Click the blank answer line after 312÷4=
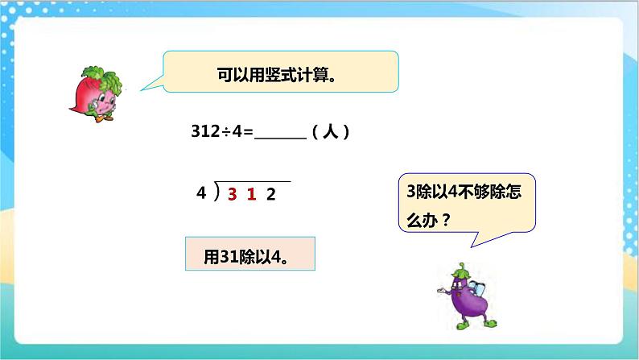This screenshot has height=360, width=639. [x=280, y=134]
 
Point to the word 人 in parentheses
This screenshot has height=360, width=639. [x=329, y=134]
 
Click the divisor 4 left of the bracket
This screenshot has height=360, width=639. [x=201, y=193]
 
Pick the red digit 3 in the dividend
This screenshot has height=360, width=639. [x=232, y=193]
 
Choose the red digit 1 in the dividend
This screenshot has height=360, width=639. [x=251, y=193]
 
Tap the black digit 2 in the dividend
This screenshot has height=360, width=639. [x=271, y=193]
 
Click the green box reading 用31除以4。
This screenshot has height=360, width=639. [x=249, y=254]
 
